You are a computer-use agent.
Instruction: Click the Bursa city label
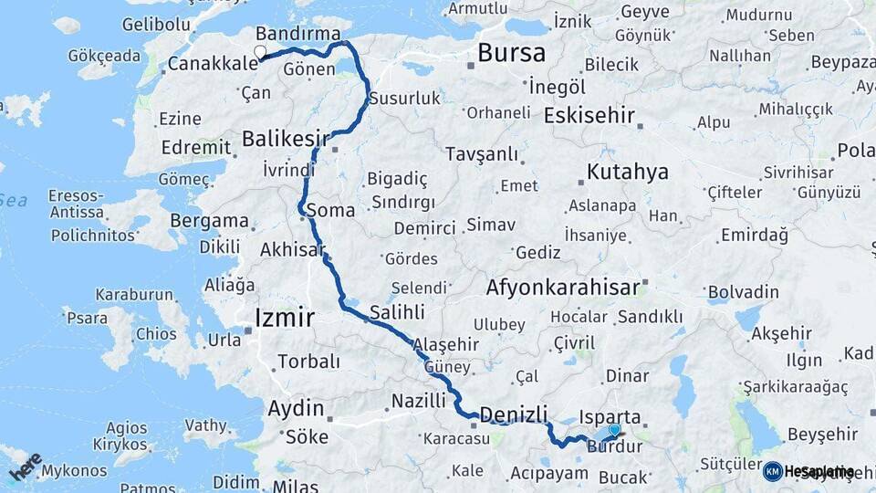(511, 52)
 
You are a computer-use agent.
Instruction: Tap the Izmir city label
(284, 319)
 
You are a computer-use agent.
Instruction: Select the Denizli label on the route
(514, 414)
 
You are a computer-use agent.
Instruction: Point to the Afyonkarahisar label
(563, 288)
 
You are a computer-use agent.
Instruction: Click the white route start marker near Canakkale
(260, 53)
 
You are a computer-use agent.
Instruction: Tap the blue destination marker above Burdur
(614, 430)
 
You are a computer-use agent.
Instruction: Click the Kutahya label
(628, 172)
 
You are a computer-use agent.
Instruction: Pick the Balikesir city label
(286, 139)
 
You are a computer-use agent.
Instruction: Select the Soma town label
(331, 210)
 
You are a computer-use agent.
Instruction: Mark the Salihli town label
(397, 312)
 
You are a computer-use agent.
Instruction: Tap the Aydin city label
(296, 408)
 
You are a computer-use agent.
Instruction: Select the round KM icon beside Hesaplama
(773, 471)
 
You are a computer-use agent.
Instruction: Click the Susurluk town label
(404, 99)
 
